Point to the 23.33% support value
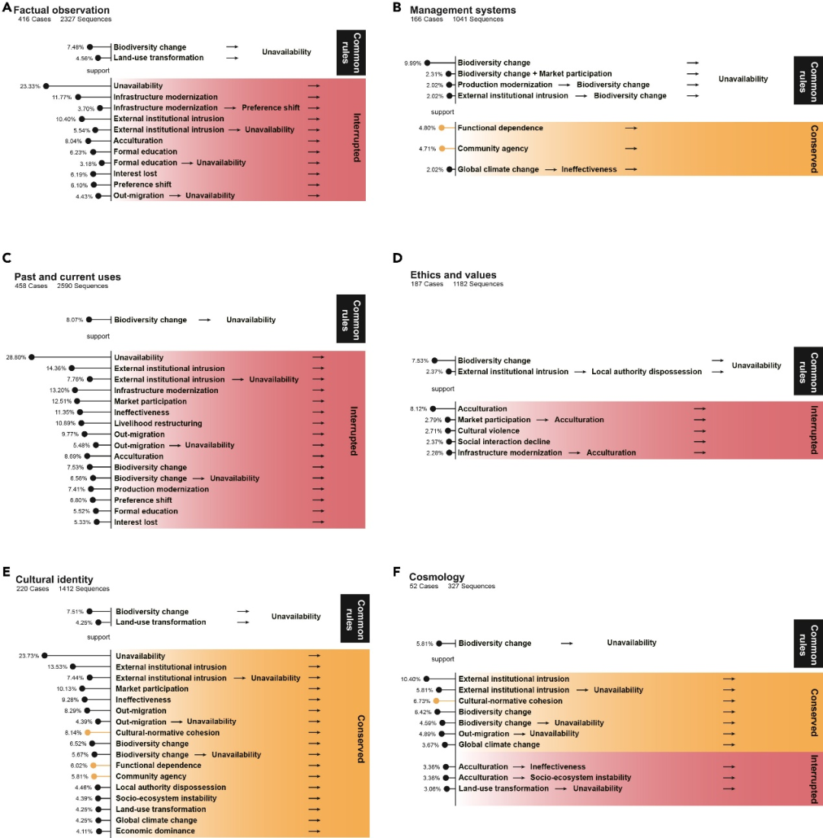30,87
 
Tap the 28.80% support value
16,357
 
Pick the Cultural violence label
488,430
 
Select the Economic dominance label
155,831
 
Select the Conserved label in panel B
815,148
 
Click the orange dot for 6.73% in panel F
436,701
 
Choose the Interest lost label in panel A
137,174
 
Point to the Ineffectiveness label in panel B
589,169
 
